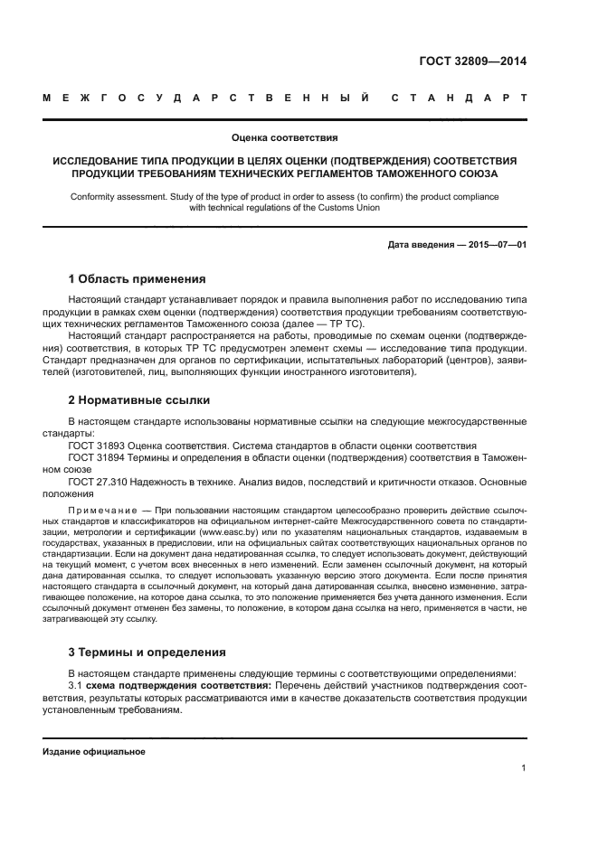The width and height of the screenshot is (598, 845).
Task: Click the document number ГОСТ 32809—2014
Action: point(472,61)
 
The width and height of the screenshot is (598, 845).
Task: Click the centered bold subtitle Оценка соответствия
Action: point(284,138)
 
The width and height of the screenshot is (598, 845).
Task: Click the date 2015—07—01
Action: point(496,245)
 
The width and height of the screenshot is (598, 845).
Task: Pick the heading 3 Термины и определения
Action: point(147,652)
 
